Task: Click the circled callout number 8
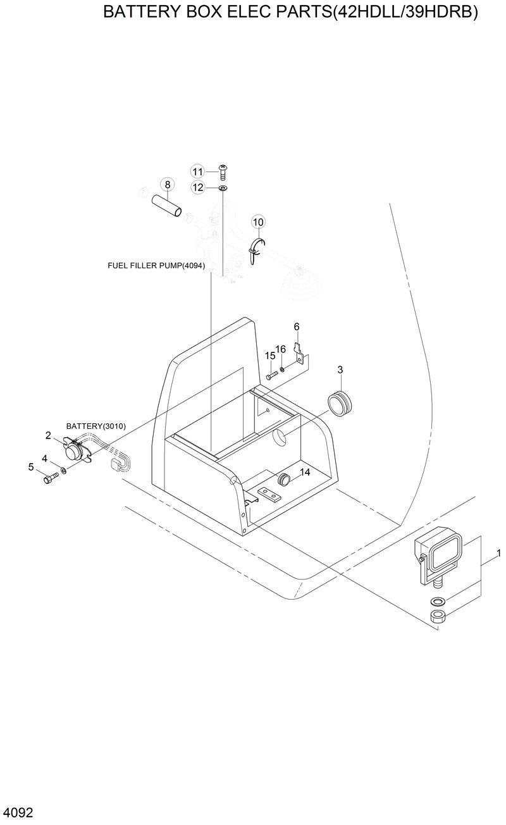(168, 185)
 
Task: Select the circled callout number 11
(198, 171)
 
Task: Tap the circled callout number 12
(198, 187)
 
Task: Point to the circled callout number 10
(258, 221)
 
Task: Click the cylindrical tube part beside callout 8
(168, 206)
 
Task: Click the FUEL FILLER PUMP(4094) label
(156, 265)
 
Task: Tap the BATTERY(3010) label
(96, 426)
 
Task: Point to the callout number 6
(296, 326)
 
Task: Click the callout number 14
(305, 472)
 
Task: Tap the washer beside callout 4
(63, 471)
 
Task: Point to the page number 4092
(18, 812)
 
